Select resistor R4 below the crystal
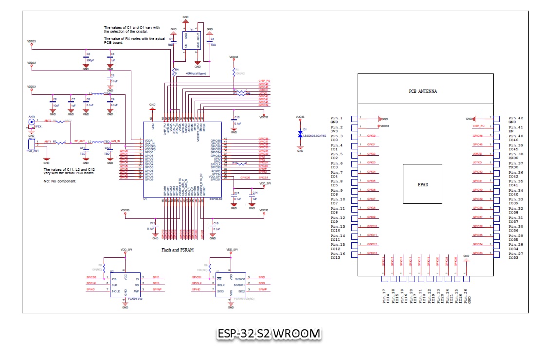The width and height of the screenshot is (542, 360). (x=173, y=71)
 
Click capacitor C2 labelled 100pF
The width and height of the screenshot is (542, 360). (x=86, y=60)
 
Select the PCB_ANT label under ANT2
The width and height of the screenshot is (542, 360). (x=32, y=151)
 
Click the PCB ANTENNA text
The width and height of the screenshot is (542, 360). (x=422, y=91)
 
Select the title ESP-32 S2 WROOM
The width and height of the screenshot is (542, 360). (x=269, y=334)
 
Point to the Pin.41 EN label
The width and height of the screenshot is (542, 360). (x=515, y=129)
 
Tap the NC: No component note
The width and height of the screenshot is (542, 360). (x=60, y=181)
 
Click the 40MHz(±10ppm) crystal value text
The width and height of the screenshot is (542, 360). (x=196, y=73)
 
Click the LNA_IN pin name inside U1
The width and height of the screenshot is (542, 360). (x=150, y=144)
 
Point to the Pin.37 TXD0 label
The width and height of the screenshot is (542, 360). (x=516, y=166)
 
